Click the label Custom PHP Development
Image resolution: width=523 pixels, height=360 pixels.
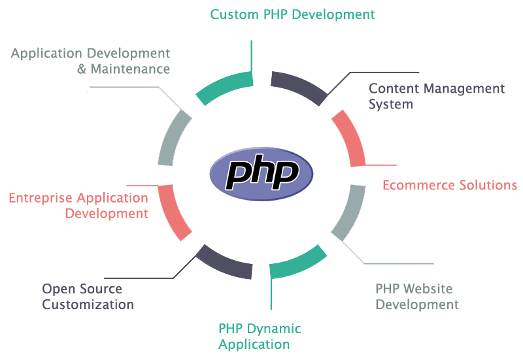click(293, 13)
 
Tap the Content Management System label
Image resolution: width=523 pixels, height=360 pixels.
click(437, 96)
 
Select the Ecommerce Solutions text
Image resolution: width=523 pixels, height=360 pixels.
click(450, 185)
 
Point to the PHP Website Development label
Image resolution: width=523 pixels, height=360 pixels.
click(417, 296)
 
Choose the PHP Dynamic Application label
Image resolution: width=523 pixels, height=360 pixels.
click(260, 336)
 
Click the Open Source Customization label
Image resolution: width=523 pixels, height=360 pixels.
click(88, 296)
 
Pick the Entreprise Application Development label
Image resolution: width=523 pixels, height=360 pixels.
click(78, 205)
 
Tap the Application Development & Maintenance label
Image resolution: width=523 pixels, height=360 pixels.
click(90, 60)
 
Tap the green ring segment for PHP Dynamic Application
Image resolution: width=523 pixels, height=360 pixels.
click(298, 261)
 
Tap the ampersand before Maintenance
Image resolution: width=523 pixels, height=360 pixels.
click(82, 69)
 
